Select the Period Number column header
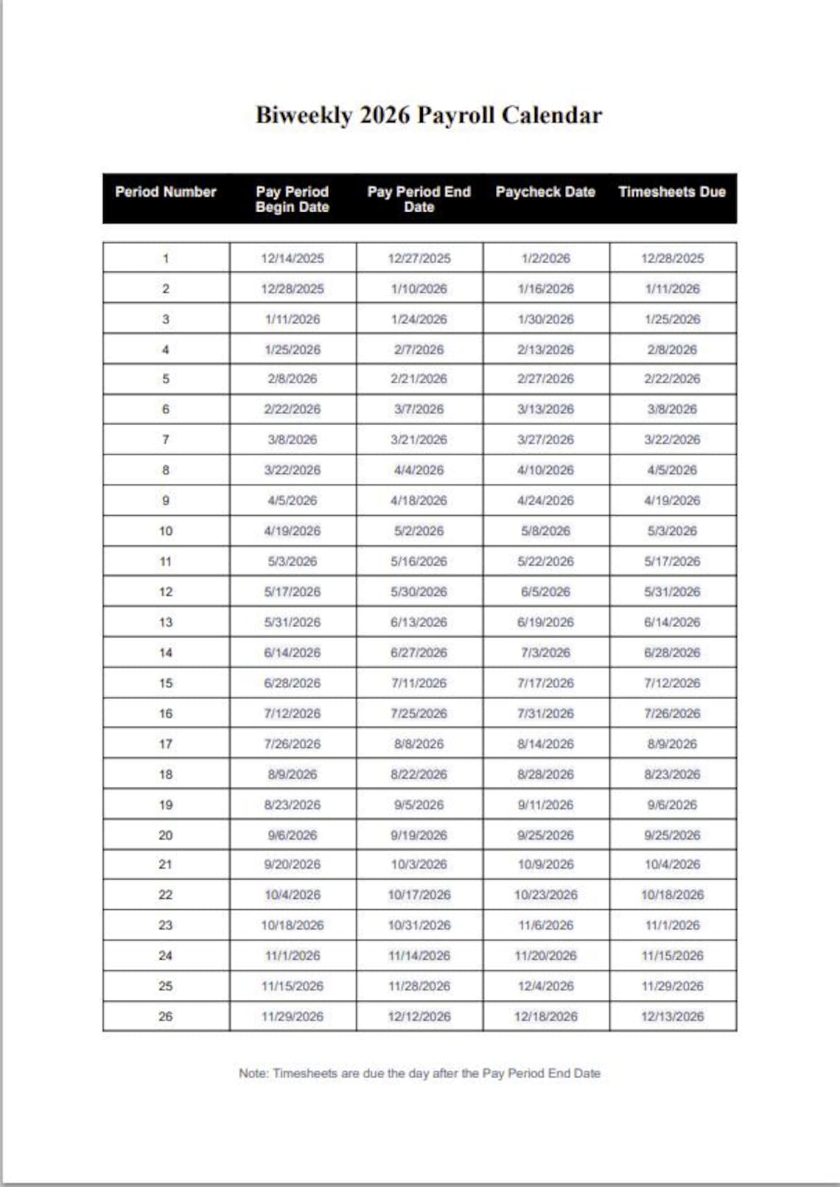(x=166, y=192)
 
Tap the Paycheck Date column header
(x=545, y=192)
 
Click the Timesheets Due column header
(x=672, y=192)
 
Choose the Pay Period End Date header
(x=419, y=199)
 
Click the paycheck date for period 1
(x=545, y=259)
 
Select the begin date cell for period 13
(x=293, y=623)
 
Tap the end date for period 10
(x=419, y=531)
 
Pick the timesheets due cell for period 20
(x=672, y=836)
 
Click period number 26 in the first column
(x=166, y=1017)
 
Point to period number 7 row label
(x=166, y=440)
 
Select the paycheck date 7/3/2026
(x=545, y=653)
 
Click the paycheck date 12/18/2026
(x=545, y=1017)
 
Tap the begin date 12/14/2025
(x=293, y=259)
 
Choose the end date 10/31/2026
(x=419, y=925)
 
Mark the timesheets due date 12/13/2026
(x=672, y=1017)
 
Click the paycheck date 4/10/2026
(x=545, y=470)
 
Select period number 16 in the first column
(x=166, y=714)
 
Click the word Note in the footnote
(x=252, y=1074)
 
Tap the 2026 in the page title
(x=384, y=116)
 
